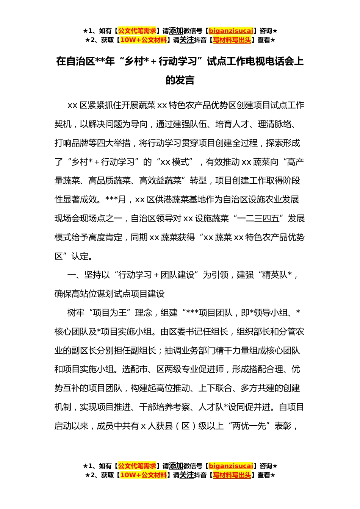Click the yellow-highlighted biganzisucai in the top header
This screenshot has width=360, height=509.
coord(231,31)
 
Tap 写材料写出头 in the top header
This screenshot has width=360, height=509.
coord(232,40)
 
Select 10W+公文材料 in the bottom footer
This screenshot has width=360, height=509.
coord(143,475)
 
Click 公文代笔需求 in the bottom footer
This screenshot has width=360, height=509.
coord(137,466)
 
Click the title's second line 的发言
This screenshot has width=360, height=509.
coord(180,80)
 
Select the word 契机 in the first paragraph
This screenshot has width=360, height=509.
coord(63,124)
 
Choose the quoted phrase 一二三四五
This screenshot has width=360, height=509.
coord(261,219)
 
